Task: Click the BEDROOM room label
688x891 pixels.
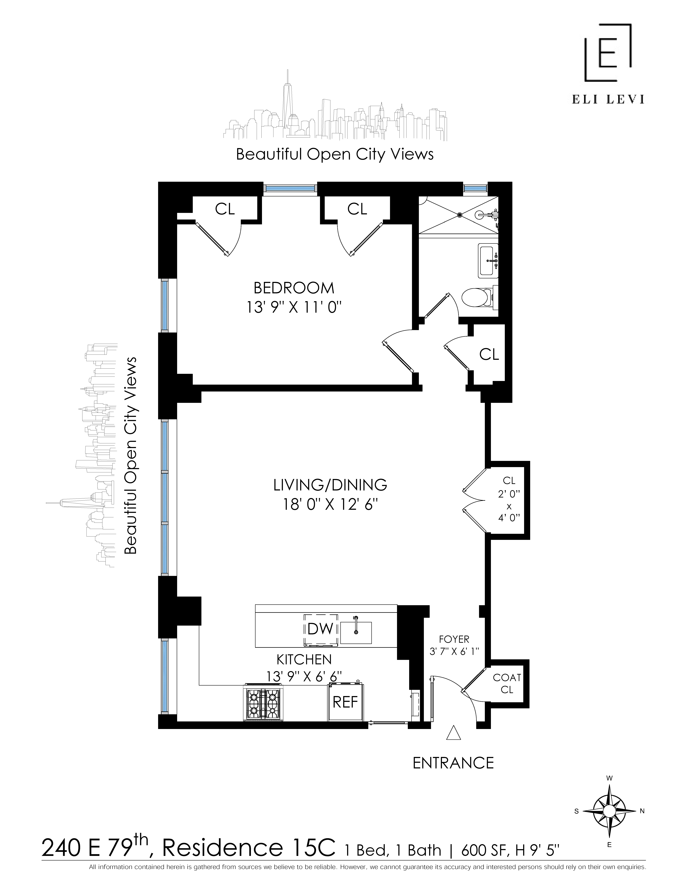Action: click(x=293, y=288)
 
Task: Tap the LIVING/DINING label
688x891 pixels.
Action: click(x=330, y=485)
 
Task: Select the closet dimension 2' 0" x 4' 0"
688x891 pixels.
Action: click(x=509, y=506)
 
